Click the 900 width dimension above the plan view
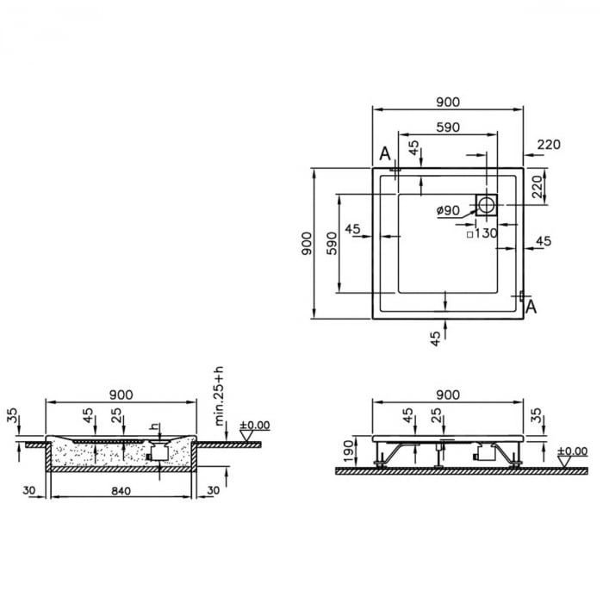click(447, 102)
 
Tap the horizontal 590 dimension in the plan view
click(447, 127)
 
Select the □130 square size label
click(482, 233)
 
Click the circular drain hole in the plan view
click(487, 205)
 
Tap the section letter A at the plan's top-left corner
click(385, 153)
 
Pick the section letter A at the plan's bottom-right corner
click(532, 306)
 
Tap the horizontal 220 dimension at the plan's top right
click(548, 144)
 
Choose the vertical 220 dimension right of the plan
click(537, 186)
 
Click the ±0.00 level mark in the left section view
click(255, 426)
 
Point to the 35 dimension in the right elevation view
click(537, 417)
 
